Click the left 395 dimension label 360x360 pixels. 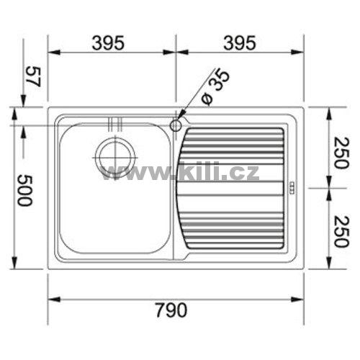click(x=108, y=43)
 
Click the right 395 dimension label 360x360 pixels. click(x=240, y=43)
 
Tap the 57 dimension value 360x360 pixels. click(x=33, y=76)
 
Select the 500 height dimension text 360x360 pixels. click(x=24, y=190)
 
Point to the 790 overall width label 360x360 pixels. click(x=171, y=310)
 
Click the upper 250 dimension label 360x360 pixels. click(x=341, y=153)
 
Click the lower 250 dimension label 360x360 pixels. click(x=341, y=232)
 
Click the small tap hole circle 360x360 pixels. click(x=176, y=125)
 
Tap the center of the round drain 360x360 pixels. click(x=115, y=157)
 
